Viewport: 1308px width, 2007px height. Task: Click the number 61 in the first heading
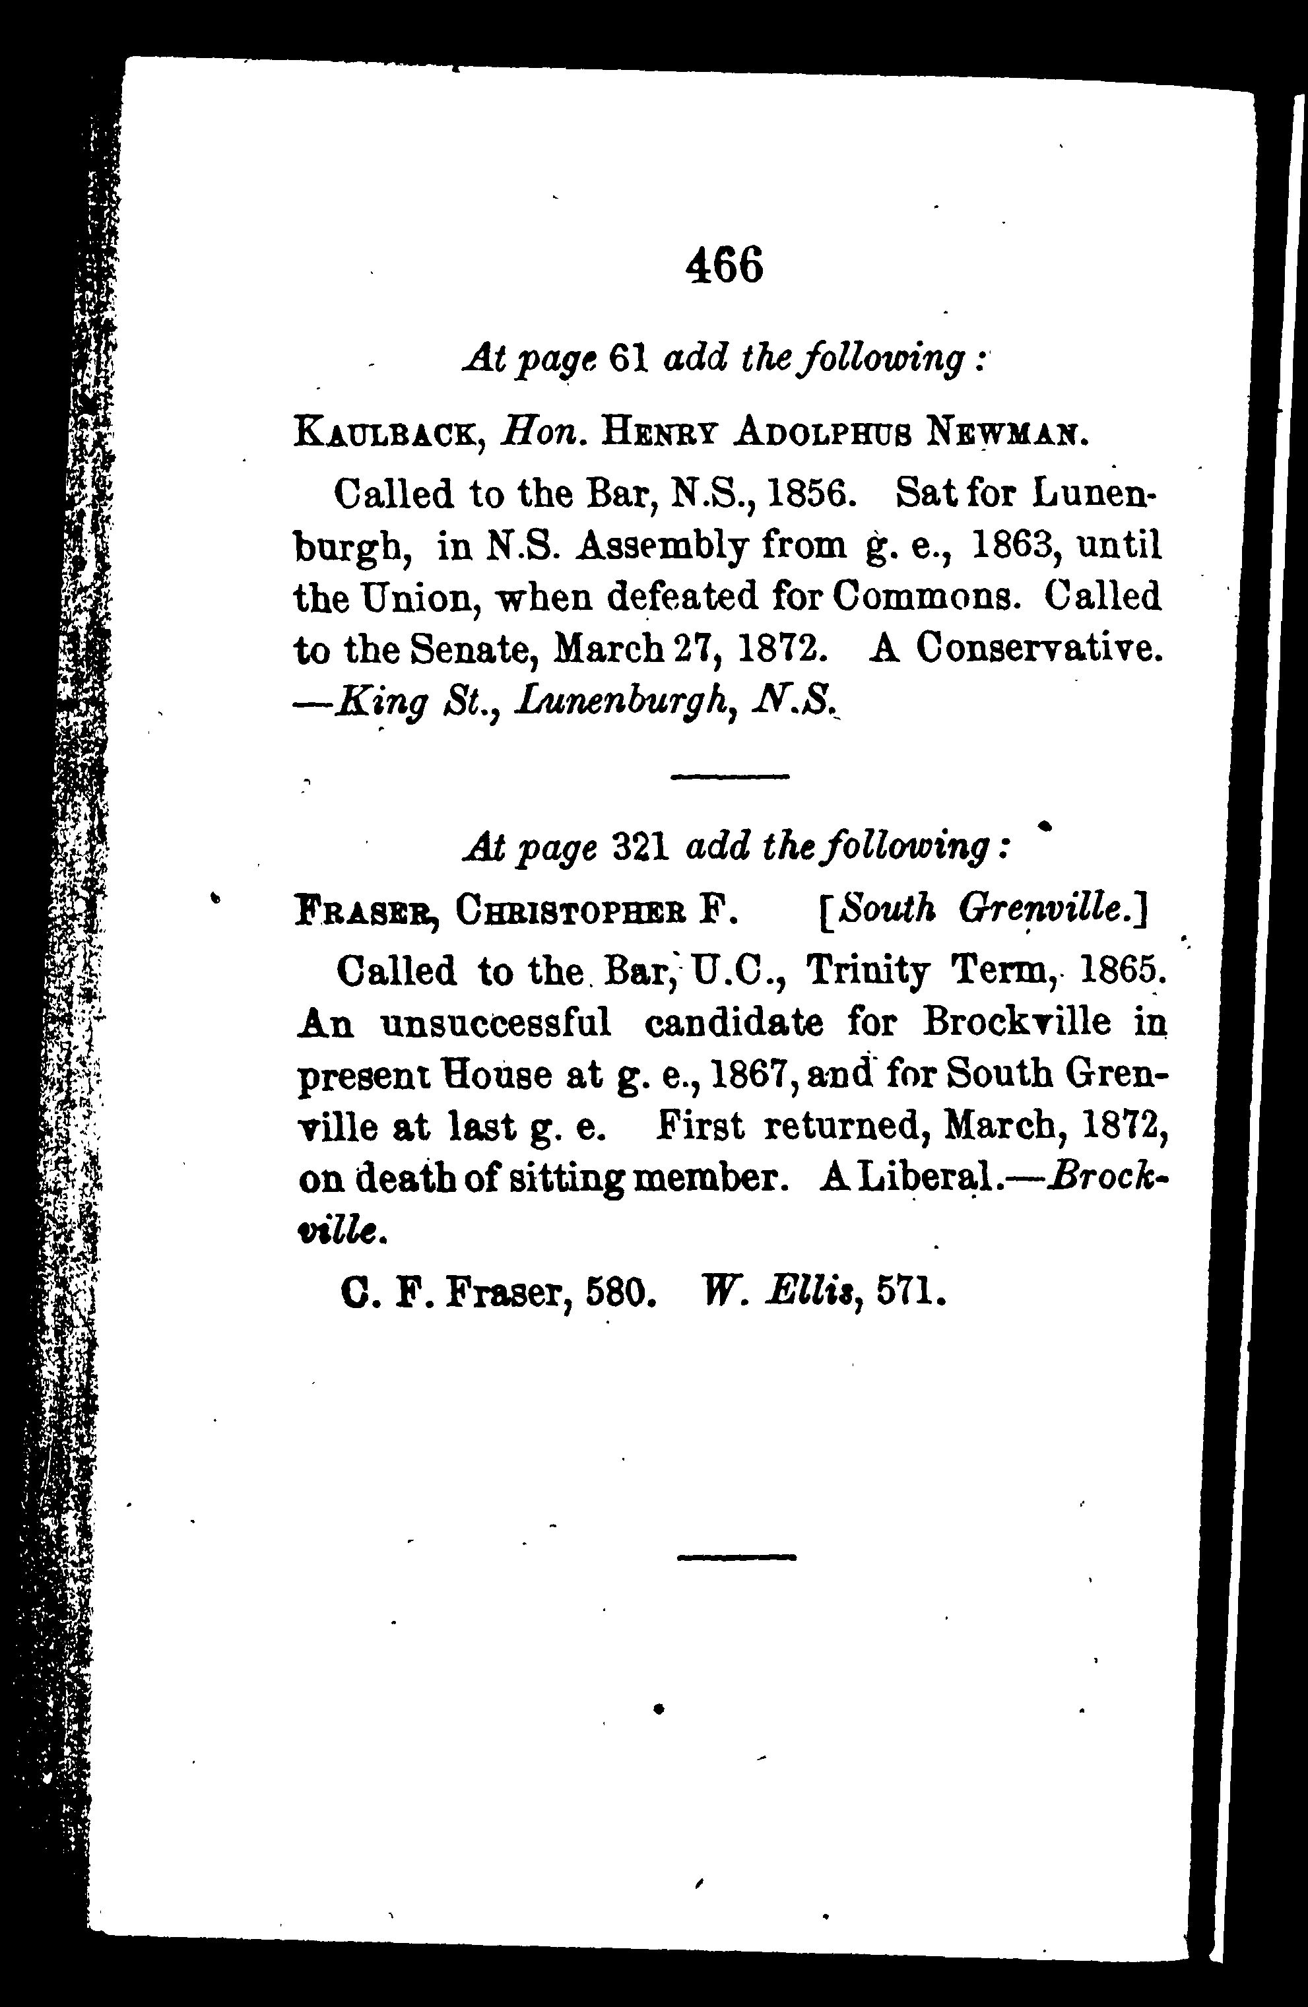pyautogui.click(x=628, y=360)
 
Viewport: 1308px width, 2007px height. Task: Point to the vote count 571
pyautogui.click(x=909, y=1290)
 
